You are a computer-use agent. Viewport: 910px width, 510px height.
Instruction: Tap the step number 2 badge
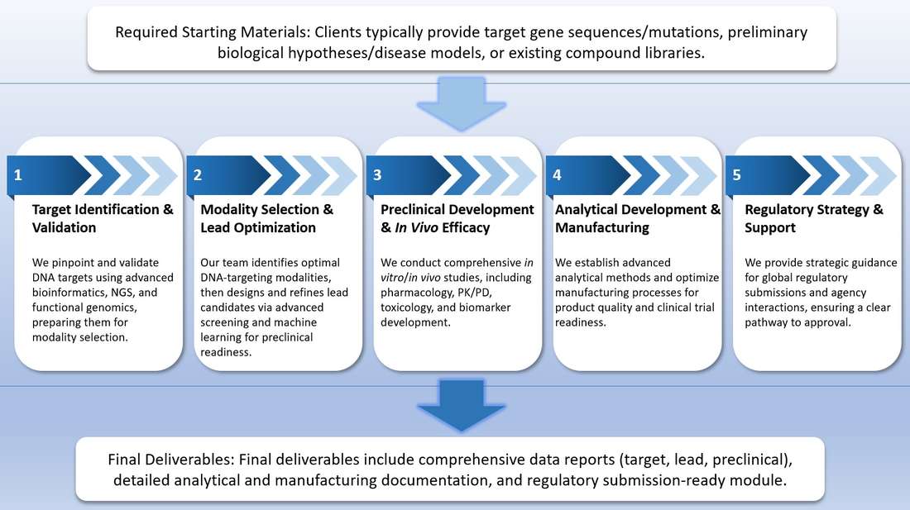(x=198, y=175)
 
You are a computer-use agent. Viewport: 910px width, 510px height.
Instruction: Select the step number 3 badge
(x=377, y=175)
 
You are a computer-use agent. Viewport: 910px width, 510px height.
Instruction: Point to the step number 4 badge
(x=557, y=175)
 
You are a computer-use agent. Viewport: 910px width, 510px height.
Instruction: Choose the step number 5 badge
(x=736, y=175)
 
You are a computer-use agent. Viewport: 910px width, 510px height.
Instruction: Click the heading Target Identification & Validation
(x=103, y=218)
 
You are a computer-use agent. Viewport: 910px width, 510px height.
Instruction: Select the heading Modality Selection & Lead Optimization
(x=266, y=218)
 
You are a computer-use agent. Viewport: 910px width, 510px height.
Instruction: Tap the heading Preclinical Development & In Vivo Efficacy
(x=457, y=218)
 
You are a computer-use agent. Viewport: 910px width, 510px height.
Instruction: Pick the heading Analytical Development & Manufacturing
(x=638, y=218)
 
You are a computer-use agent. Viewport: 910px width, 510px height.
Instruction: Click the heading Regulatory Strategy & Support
(x=814, y=218)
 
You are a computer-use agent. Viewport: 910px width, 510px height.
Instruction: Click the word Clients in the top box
(x=341, y=33)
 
